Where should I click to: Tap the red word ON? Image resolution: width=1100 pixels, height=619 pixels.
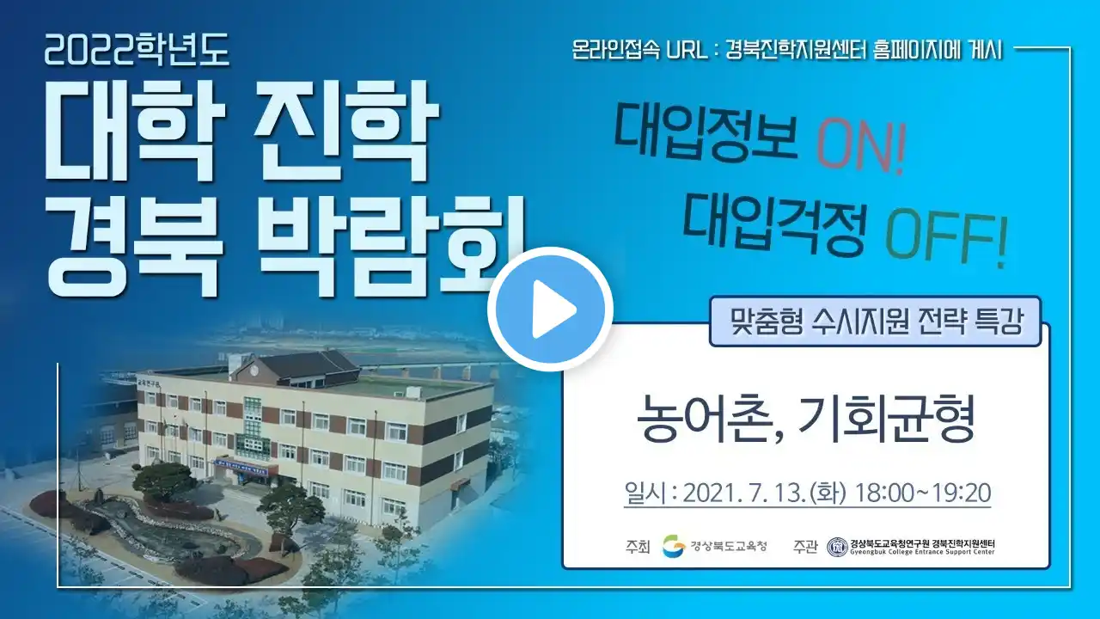[860, 147]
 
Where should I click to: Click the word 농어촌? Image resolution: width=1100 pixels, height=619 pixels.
[707, 419]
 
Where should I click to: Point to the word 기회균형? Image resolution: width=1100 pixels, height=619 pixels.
[886, 418]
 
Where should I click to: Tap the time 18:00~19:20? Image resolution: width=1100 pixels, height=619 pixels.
[923, 493]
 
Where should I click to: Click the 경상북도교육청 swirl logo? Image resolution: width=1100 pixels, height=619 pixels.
[674, 546]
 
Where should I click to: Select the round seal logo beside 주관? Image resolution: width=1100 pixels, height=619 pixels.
[837, 547]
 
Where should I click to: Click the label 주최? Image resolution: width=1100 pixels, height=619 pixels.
[638, 546]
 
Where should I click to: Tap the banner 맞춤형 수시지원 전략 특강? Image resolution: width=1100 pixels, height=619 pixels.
[876, 322]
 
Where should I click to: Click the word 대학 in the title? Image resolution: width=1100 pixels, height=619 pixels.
[133, 131]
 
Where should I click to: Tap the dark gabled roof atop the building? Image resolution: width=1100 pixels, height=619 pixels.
[305, 367]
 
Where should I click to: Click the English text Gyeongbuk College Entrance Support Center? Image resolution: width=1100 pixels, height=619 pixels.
[923, 552]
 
